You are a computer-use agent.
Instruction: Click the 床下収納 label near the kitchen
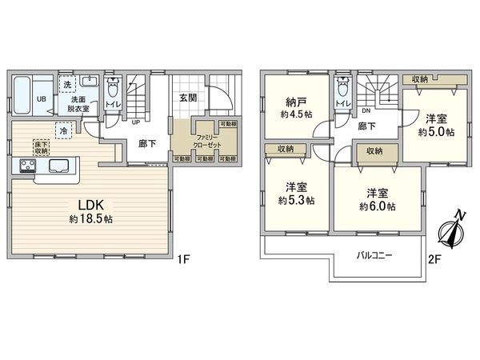pyautogui.click(x=41, y=147)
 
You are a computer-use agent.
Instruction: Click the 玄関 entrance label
pyautogui.click(x=188, y=98)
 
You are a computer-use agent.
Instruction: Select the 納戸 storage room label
pyautogui.click(x=296, y=102)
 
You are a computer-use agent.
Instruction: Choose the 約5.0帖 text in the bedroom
pyautogui.click(x=436, y=130)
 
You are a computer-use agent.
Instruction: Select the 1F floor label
pyautogui.click(x=184, y=258)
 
